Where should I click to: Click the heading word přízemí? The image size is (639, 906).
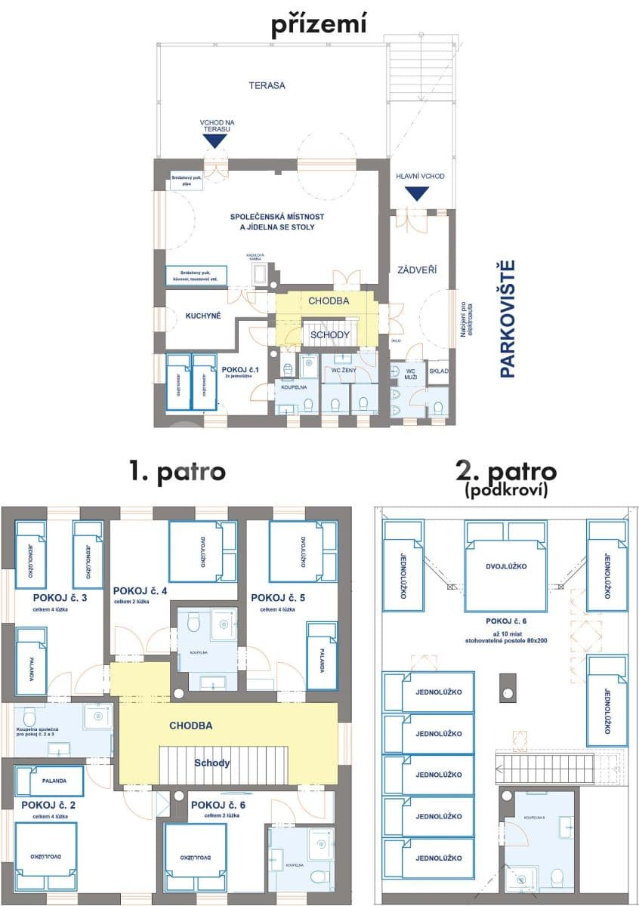click(x=319, y=25)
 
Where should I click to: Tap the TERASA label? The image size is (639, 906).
click(x=267, y=85)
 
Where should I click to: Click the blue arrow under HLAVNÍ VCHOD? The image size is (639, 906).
click(x=415, y=193)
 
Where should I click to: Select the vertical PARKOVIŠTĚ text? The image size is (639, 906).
click(x=508, y=318)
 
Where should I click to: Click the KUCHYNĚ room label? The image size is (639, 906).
click(x=202, y=316)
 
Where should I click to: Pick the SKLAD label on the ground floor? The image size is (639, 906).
click(x=438, y=371)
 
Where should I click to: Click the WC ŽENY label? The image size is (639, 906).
click(x=344, y=370)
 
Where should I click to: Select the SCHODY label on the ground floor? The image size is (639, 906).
click(x=330, y=334)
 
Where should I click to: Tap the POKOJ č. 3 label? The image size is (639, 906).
click(x=60, y=597)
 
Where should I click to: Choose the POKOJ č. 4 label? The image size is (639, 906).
click(x=140, y=590)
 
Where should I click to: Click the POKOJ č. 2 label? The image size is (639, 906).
click(x=48, y=805)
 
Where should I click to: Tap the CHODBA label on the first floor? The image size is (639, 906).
click(x=190, y=726)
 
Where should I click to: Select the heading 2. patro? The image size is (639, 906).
click(x=506, y=473)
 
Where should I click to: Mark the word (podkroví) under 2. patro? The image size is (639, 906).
click(x=506, y=491)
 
